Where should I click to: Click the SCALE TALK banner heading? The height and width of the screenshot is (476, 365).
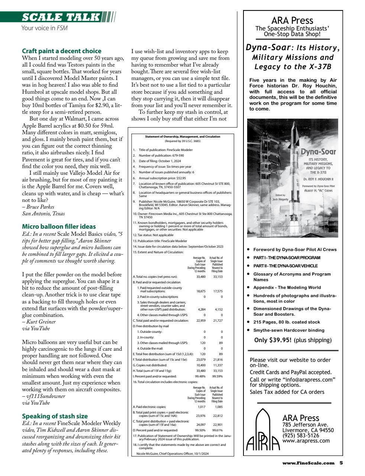[x=61, y=17]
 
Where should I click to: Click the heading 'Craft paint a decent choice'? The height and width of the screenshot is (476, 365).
[x=62, y=51]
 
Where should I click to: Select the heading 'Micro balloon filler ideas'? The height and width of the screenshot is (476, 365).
[x=59, y=226]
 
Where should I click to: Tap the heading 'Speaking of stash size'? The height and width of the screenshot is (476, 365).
[x=55, y=416]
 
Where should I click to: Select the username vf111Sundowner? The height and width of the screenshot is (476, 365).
[x=45, y=396]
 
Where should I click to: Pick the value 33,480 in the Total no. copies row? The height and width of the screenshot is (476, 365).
[x=201, y=277]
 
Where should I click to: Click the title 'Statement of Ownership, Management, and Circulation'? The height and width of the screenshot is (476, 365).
[x=182, y=136]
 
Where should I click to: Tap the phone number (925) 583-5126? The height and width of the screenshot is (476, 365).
[x=300, y=435]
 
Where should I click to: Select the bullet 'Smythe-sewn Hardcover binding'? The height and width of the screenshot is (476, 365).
[x=289, y=330]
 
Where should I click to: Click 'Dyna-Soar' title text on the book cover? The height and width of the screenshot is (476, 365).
[x=318, y=152]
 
